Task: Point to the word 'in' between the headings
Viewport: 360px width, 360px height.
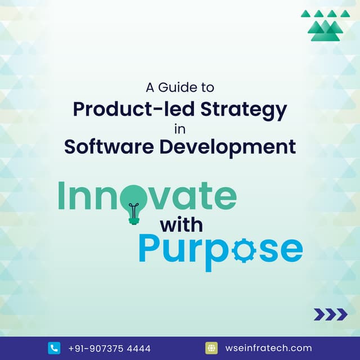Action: [180, 128]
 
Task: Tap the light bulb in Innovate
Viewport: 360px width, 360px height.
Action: [134, 200]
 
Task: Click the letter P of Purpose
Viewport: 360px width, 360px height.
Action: [150, 249]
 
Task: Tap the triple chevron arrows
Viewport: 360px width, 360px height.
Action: [330, 314]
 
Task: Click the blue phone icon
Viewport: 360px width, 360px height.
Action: [54, 348]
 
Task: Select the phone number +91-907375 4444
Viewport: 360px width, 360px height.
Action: [109, 348]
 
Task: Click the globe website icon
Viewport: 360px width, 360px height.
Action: [211, 348]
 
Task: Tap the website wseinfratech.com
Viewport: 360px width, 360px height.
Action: [268, 348]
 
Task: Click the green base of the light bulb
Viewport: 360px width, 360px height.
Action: [134, 220]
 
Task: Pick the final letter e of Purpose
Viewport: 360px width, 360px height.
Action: [289, 250]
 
